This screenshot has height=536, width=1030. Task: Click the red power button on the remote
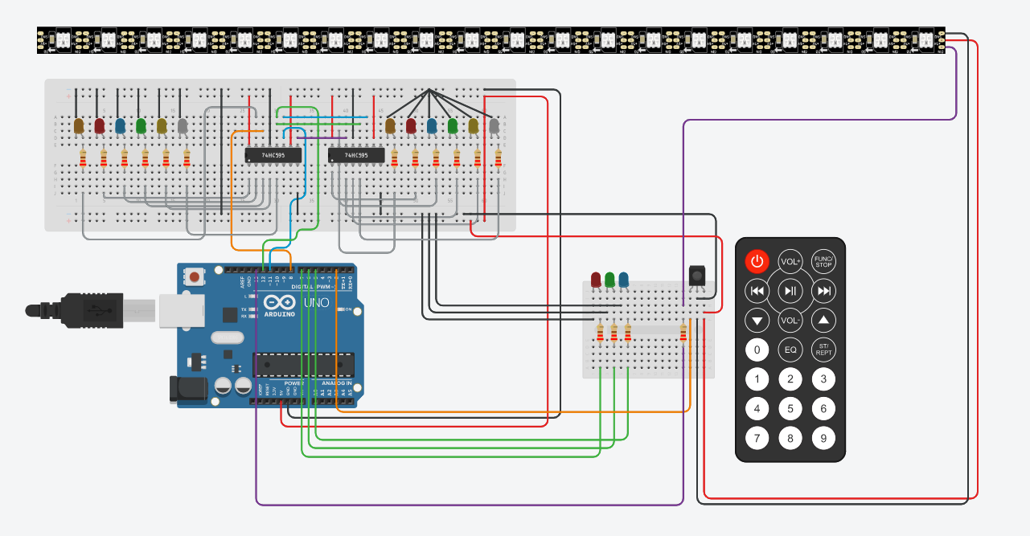coord(757,261)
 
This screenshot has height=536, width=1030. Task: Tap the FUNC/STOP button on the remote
coord(823,261)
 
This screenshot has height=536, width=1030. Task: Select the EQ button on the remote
coord(790,350)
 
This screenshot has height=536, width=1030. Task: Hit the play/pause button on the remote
coord(790,291)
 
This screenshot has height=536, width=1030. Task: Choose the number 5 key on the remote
coord(790,408)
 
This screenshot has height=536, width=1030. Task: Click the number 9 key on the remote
coord(823,438)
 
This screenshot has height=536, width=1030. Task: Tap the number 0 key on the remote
coord(757,350)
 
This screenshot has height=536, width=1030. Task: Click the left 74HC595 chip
coord(273,155)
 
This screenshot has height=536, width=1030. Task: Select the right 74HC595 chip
coord(356,155)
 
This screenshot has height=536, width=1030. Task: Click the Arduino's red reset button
coord(195,277)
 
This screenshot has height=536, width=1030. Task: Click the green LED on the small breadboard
coord(610,279)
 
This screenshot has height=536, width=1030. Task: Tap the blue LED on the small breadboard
coord(623,279)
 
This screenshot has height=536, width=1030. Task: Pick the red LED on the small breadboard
coord(596,279)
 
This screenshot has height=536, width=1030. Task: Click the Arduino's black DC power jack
coord(188,391)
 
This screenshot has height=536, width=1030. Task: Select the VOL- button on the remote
coord(790,321)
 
